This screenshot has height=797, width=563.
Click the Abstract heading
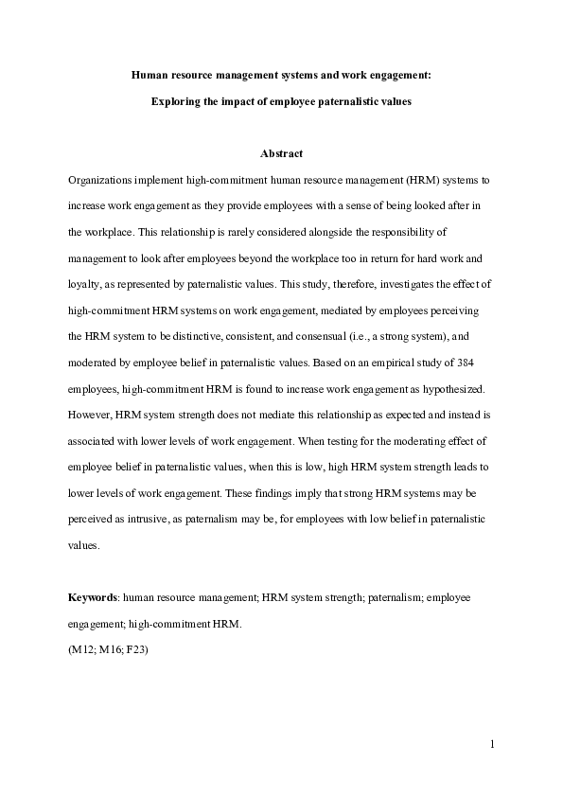click(x=281, y=153)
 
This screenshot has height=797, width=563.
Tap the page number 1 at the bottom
click(x=492, y=745)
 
